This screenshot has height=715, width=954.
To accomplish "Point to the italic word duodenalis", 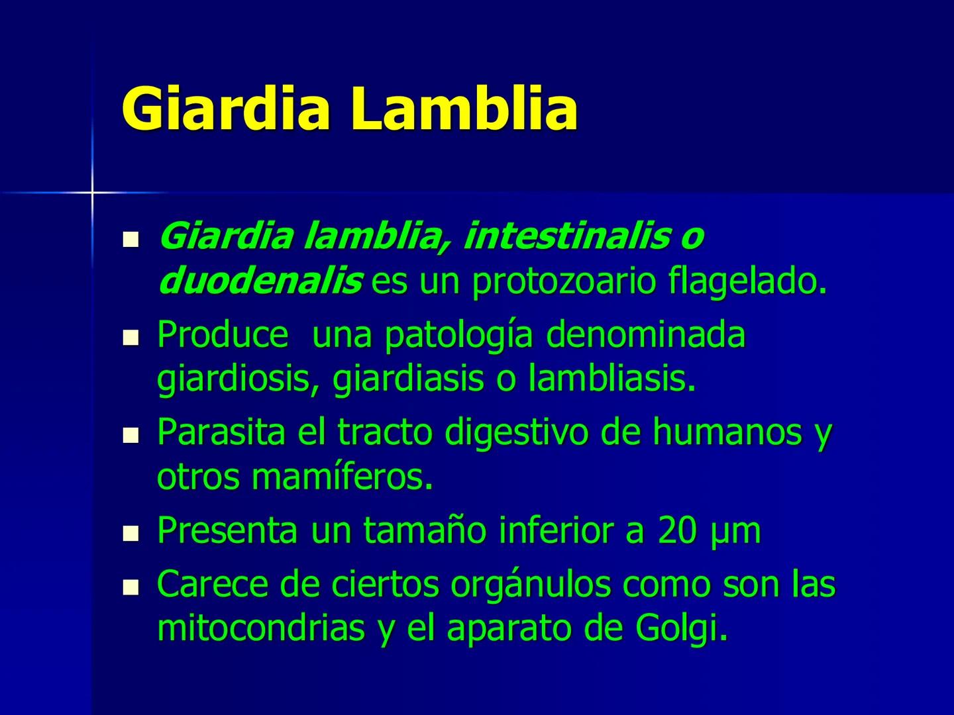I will [x=260, y=282].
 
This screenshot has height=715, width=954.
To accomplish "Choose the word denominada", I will [x=645, y=334].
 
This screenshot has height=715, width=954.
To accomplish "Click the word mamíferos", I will [x=342, y=477].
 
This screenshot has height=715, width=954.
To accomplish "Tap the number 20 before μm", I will [x=677, y=530].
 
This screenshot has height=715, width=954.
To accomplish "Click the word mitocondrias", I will [x=261, y=629].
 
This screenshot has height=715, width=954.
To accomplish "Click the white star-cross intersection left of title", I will [x=92, y=193].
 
